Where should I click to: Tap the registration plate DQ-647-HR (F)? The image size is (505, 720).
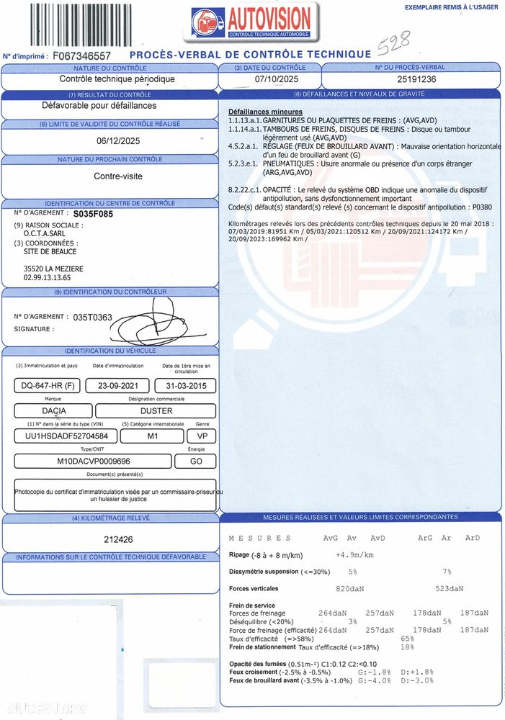point(45,386)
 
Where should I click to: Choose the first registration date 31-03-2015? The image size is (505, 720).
point(185,386)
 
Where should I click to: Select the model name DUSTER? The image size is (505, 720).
point(156,411)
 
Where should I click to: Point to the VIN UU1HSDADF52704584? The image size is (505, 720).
point(62,436)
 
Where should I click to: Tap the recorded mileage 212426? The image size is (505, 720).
point(118,539)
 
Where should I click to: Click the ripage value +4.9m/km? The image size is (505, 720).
point(354,555)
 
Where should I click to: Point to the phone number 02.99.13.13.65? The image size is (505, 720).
point(48,277)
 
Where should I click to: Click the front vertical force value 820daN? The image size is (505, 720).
point(349,588)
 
